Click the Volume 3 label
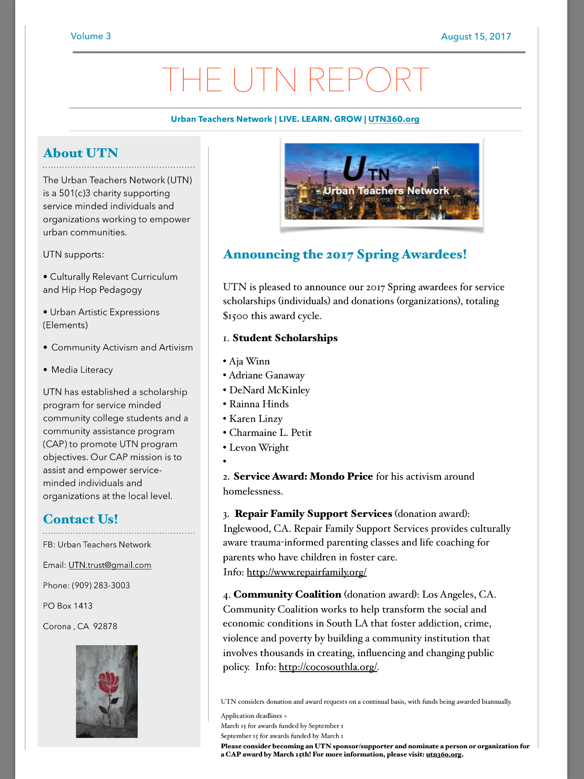pos(90,36)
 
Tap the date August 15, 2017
pos(476,37)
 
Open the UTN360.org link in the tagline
pos(394,119)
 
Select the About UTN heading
pos(81,153)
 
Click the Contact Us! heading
pos(81,519)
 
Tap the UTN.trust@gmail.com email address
pos(110,565)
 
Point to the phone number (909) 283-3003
pos(101,585)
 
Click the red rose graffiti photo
pos(107,691)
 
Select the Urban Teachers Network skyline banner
pos(382,181)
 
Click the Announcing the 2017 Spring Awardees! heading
pos(345,254)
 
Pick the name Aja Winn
pos(249,361)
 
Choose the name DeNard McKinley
pos(270,390)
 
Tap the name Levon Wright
pos(259,447)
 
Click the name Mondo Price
pos(341,476)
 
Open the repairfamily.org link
pos(306,572)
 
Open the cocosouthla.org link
pos(328,667)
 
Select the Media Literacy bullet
pos(82,370)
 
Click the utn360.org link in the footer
pos(443,754)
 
